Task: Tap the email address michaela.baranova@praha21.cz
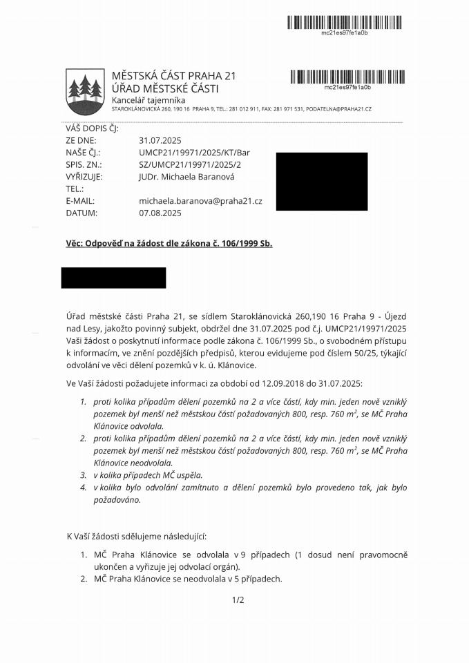coord(200,201)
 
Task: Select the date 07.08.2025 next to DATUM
coord(160,213)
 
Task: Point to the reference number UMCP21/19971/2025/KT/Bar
coord(194,152)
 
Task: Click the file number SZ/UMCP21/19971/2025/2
coord(190,164)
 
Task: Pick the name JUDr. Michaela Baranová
coord(186,177)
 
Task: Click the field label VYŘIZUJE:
coord(84,177)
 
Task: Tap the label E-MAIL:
coord(80,201)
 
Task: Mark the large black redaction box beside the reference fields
coord(321,182)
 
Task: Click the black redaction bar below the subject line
coord(113,278)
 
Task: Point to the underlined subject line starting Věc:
coord(169,244)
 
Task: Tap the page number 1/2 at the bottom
coord(238,600)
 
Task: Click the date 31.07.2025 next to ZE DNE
coord(160,140)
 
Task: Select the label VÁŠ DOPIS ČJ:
coord(93,128)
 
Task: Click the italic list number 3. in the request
coord(83,475)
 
